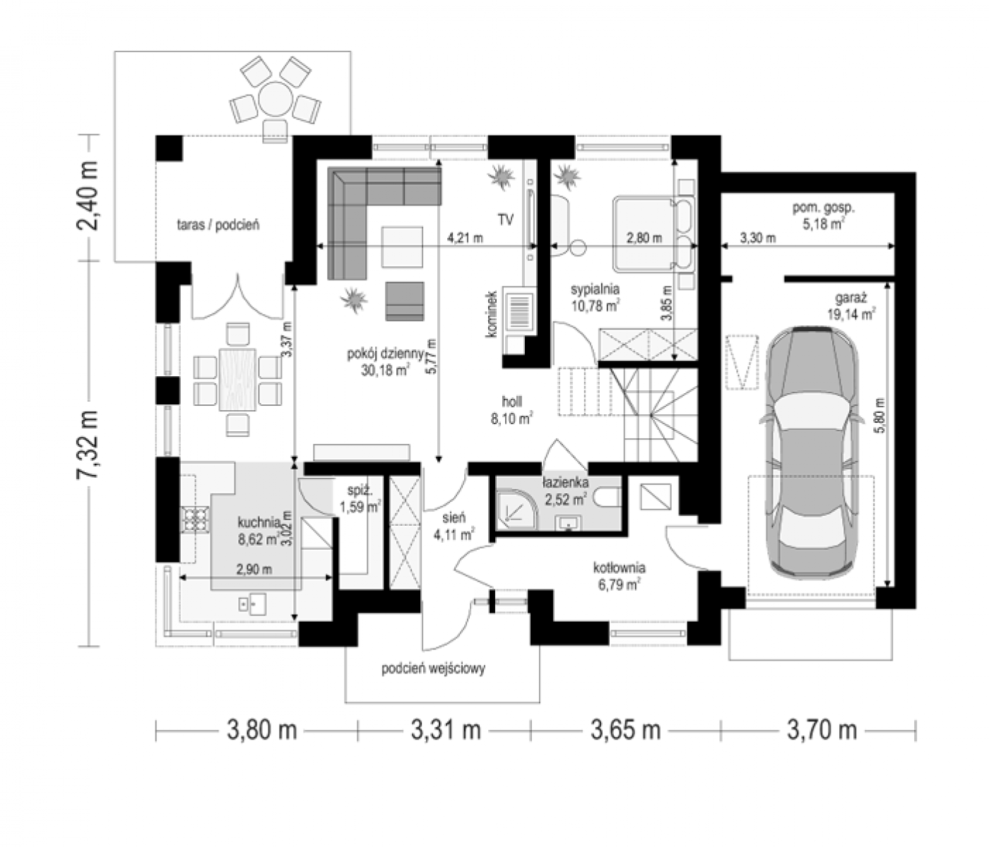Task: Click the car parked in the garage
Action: click(812, 452)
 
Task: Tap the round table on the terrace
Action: click(276, 100)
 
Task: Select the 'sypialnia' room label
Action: click(595, 289)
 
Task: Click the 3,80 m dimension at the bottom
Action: click(261, 730)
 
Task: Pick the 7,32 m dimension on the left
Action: click(88, 445)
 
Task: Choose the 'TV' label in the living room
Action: click(506, 220)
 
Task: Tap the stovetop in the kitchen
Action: click(195, 519)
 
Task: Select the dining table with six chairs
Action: click(238, 380)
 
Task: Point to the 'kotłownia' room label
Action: click(619, 568)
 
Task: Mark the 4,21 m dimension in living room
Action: click(465, 238)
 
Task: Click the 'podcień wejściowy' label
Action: click(434, 668)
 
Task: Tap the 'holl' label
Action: click(512, 402)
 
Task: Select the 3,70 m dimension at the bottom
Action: click(822, 730)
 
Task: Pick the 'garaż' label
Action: click(851, 299)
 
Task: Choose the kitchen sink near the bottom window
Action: click(253, 603)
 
